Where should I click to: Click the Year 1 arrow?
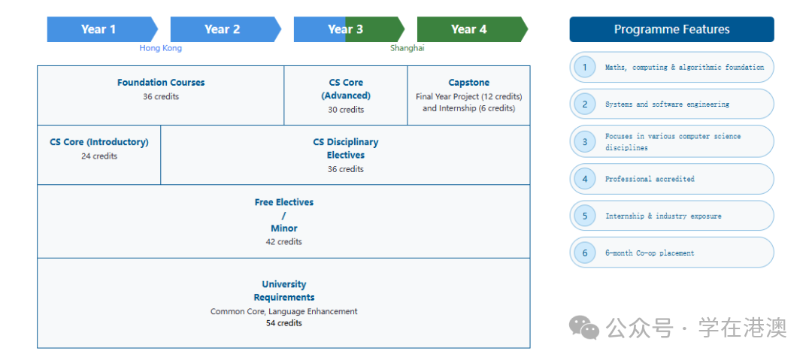(99, 29)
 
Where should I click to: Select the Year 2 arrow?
(223, 29)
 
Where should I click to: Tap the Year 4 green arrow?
(469, 29)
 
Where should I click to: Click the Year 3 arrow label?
(346, 29)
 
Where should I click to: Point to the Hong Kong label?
(161, 48)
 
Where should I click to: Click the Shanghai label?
(407, 48)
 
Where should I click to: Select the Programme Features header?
(671, 30)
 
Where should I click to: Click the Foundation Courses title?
(161, 83)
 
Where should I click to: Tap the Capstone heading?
(468, 83)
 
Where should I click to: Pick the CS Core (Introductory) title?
(99, 142)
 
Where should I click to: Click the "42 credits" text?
(283, 242)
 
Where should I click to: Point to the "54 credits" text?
(283, 323)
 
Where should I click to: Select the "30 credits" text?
(346, 110)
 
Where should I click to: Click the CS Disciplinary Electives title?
(346, 149)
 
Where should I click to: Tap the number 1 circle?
(584, 68)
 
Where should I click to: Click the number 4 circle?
(584, 179)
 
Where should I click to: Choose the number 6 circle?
(584, 253)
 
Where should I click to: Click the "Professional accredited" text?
(650, 179)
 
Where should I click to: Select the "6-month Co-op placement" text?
(650, 253)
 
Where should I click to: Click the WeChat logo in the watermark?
(584, 327)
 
